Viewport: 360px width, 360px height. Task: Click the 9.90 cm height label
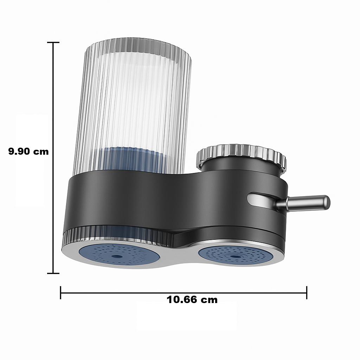(x=28, y=152)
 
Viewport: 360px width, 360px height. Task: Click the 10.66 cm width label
(x=192, y=300)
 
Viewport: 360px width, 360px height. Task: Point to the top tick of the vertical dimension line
(x=53, y=43)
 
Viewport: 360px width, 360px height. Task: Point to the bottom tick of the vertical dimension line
(x=53, y=273)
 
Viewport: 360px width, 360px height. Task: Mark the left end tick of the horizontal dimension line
(x=61, y=292)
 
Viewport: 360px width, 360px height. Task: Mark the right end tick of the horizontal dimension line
(x=307, y=292)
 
